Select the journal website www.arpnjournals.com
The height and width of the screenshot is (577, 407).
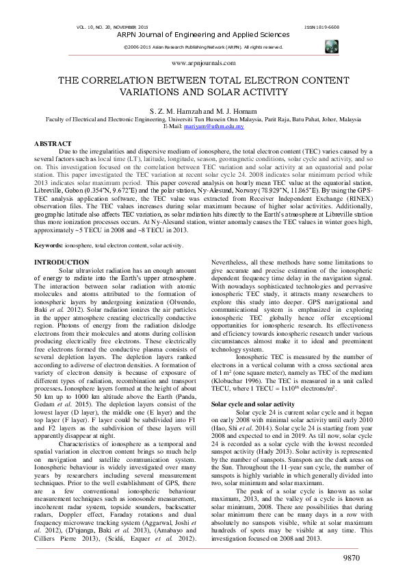click(x=202, y=62)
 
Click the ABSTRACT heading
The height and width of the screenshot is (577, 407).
click(x=53, y=144)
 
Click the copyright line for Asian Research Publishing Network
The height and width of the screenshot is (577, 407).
click(x=202, y=47)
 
